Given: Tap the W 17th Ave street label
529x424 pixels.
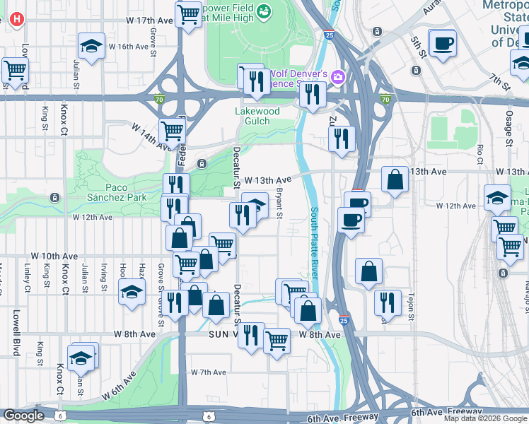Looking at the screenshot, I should click(x=150, y=21).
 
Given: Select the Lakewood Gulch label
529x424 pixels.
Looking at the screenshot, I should click(x=257, y=116).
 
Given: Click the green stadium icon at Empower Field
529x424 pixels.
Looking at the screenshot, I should click(x=264, y=11).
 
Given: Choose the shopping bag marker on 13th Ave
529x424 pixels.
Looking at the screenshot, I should click(x=395, y=179).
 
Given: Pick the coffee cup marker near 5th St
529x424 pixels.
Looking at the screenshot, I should click(x=443, y=44).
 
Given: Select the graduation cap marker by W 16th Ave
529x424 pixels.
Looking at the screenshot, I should click(x=91, y=47).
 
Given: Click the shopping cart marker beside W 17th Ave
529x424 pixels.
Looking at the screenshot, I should click(x=188, y=13).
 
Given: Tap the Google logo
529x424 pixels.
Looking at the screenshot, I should click(x=23, y=416).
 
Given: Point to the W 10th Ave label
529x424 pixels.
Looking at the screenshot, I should click(x=54, y=256).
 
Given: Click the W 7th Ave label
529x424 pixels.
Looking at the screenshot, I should click(x=208, y=372).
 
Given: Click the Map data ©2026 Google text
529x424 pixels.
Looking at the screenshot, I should click(x=486, y=418).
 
